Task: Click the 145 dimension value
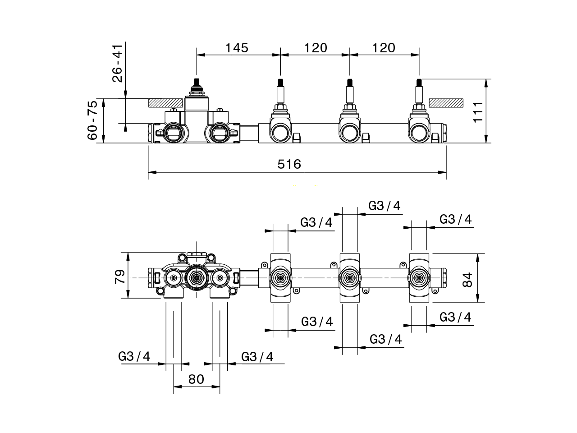[237, 47]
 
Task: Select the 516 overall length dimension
[289, 164]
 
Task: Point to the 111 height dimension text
[478, 111]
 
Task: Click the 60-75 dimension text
[92, 120]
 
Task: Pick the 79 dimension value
[119, 276]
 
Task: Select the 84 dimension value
[467, 279]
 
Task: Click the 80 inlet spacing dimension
[197, 379]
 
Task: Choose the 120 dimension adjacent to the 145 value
[315, 47]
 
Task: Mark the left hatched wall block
[166, 102]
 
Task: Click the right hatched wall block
[446, 103]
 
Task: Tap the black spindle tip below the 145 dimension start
[196, 83]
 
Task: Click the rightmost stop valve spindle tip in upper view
[419, 83]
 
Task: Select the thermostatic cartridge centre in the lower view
[196, 278]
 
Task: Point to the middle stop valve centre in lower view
[349, 278]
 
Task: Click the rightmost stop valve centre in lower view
[419, 278]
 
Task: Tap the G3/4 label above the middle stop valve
[384, 206]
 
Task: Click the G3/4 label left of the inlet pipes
[134, 356]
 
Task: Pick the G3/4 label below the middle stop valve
[385, 339]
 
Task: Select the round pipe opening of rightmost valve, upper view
[419, 133]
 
